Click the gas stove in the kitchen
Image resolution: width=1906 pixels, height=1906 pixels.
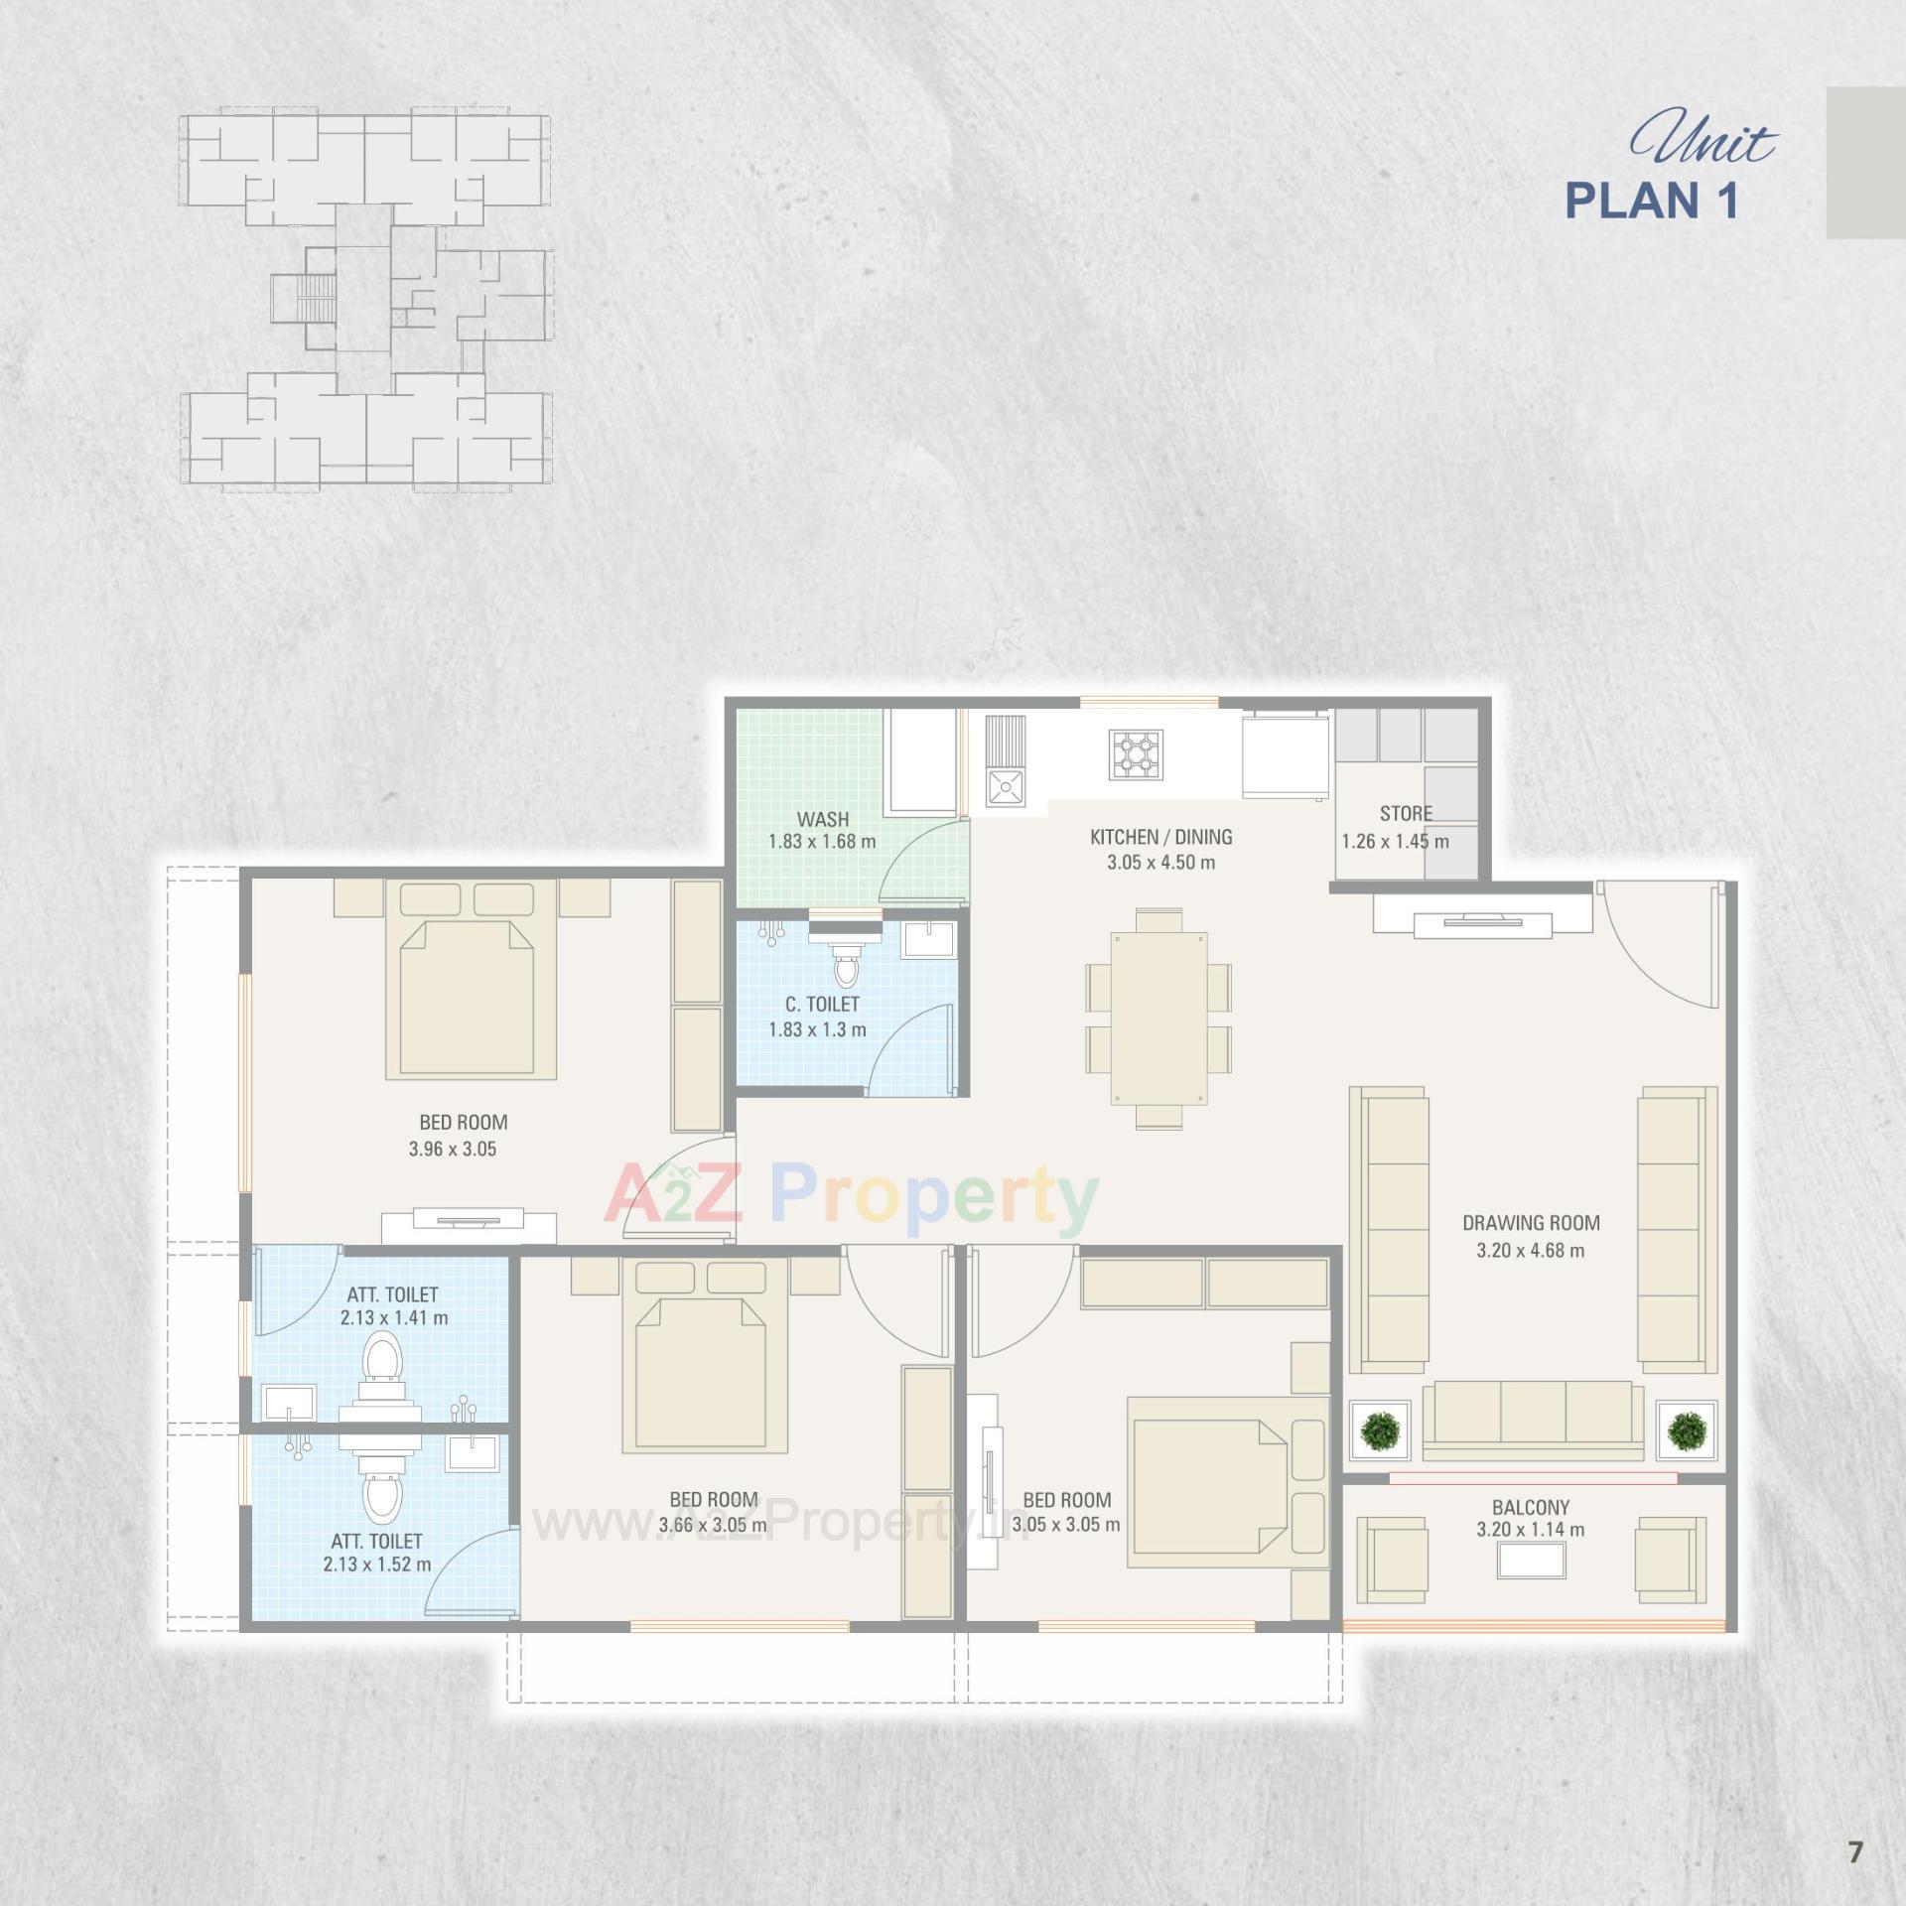1137,753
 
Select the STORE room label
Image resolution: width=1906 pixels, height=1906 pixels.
1406,813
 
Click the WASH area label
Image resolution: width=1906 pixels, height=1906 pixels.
822,819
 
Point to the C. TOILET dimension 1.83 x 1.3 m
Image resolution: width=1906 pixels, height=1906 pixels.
817,1029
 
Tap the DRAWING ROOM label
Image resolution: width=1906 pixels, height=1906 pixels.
1531,1223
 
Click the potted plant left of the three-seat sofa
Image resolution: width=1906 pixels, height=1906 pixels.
1379,1430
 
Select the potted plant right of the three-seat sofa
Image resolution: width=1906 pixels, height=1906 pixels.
1686,1431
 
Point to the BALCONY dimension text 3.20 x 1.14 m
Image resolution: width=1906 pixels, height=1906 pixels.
1530,1530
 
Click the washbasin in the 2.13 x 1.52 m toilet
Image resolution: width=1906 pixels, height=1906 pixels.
471,1455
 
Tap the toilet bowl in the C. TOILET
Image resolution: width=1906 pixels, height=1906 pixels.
847,965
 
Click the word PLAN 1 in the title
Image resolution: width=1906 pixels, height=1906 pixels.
1652,201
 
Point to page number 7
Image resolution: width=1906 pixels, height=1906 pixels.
1854,1852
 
